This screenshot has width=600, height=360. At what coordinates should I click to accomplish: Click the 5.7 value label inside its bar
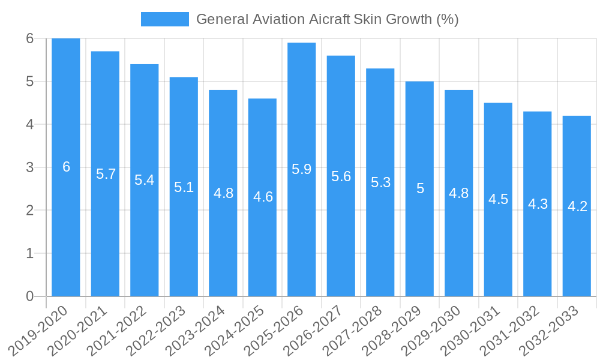pos(106,174)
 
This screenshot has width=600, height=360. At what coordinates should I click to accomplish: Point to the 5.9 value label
pos(301,169)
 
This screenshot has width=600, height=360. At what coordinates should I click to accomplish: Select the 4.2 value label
pos(577,206)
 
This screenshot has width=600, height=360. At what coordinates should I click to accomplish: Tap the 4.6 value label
pos(263,197)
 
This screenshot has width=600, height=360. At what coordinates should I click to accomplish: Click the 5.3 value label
pos(380,182)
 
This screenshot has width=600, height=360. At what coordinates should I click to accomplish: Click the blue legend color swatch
pos(164,19)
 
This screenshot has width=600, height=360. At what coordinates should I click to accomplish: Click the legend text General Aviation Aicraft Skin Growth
pos(327,19)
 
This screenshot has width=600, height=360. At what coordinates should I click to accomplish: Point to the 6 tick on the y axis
pos(29,38)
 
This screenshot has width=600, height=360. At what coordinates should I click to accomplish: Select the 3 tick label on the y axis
pos(29,167)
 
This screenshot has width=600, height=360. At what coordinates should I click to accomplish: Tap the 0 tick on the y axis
pos(29,296)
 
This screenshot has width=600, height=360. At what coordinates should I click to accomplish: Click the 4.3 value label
pos(538,203)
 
